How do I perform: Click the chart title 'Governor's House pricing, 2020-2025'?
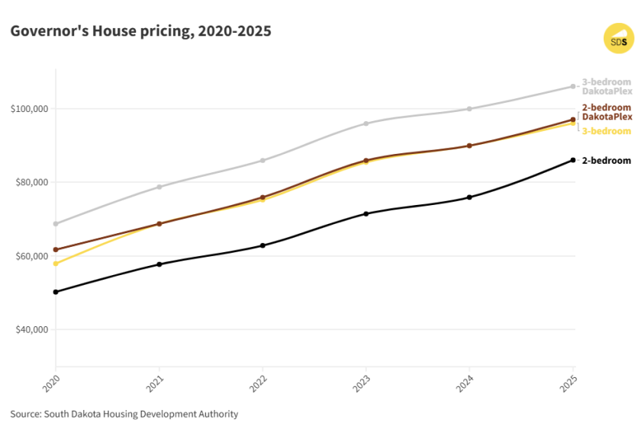coord(140,31)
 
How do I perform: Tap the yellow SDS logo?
coord(618,39)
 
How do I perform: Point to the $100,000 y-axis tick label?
coord(30,109)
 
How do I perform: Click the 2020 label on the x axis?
coord(50,380)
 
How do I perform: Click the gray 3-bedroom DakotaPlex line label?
coord(607,86)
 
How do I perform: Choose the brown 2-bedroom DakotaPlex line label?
coord(607,112)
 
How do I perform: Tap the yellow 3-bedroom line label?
coord(607,131)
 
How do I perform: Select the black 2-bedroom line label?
coord(607,160)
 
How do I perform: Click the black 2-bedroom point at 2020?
coord(56,292)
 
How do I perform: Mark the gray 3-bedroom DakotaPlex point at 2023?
coord(366,123)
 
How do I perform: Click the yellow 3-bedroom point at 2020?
coord(56,264)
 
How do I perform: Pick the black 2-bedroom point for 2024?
coord(469,197)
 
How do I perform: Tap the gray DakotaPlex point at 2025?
coord(573,86)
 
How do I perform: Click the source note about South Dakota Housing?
coord(124,415)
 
